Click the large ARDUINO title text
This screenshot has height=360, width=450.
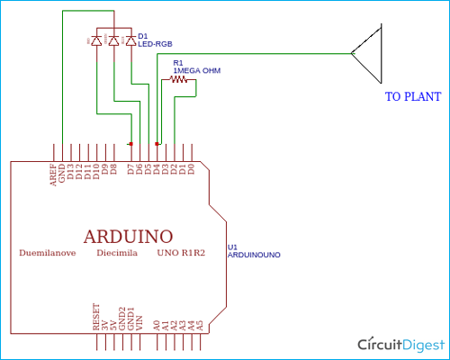pos(128,236)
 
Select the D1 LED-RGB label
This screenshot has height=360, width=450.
pos(155,40)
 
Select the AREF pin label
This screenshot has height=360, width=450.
pos(52,175)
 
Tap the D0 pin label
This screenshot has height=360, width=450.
pos(192,169)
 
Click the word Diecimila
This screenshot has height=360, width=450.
pos(117,255)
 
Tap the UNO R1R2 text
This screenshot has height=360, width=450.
pos(181,255)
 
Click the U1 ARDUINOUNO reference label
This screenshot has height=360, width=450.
pos(254,251)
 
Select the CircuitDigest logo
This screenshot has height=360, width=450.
pos(401,345)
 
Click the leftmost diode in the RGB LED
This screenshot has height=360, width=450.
pos(96,40)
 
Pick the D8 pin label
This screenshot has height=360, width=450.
pos(113,169)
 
